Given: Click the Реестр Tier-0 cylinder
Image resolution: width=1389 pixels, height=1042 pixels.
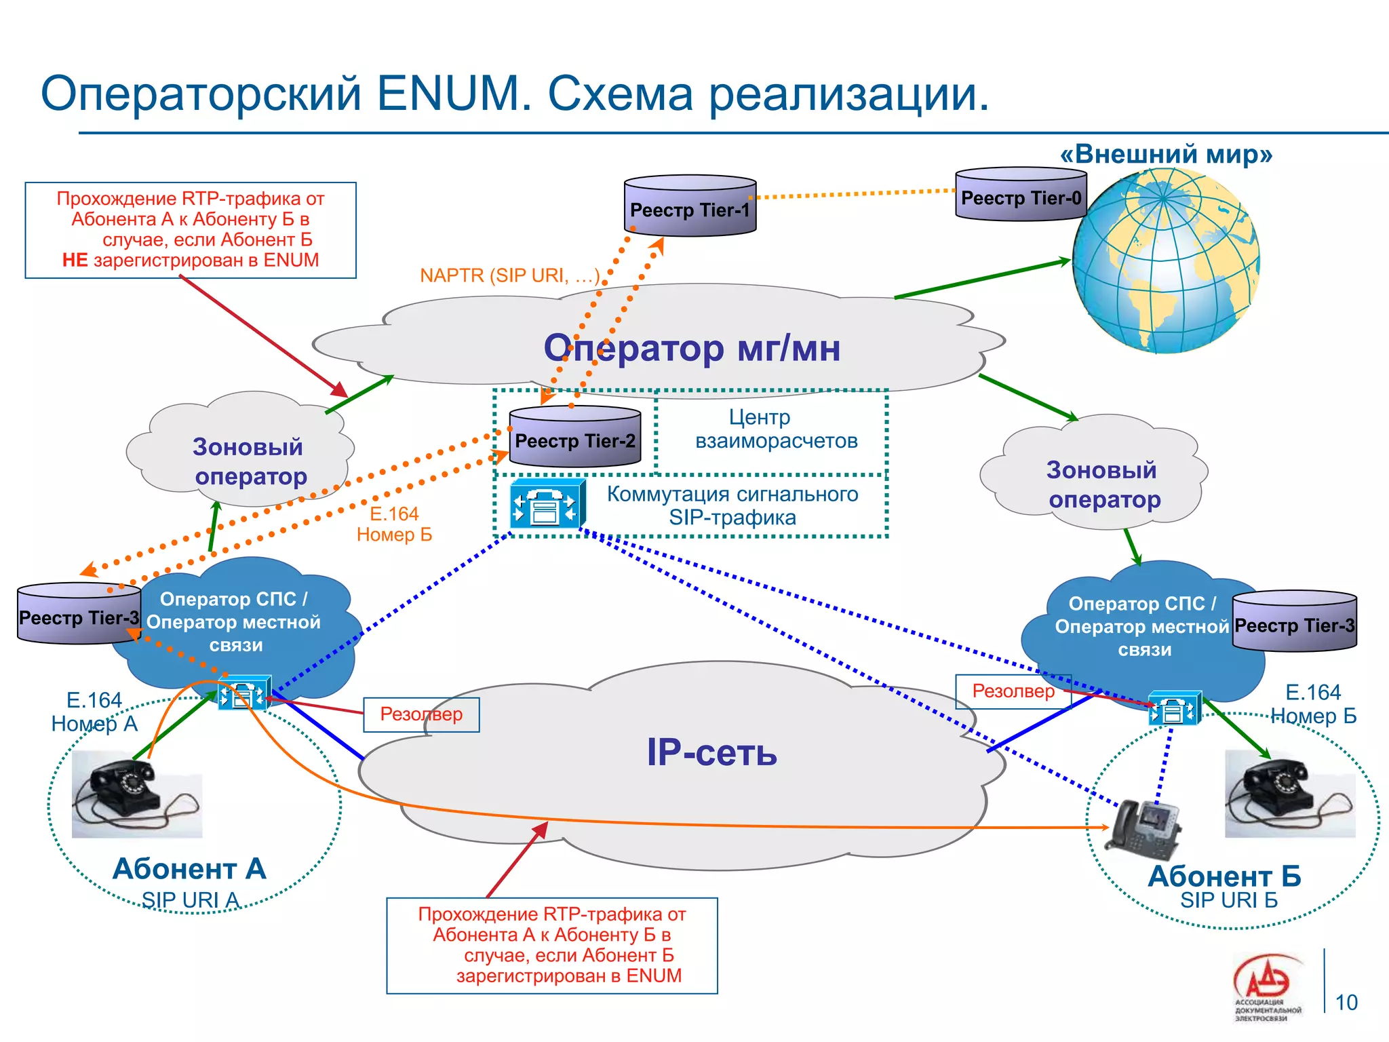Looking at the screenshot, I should [x=1021, y=195].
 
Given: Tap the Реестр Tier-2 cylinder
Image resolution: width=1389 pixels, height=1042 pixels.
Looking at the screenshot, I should [x=574, y=438].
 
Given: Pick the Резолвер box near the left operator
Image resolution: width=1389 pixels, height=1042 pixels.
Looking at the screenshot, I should [x=421, y=714].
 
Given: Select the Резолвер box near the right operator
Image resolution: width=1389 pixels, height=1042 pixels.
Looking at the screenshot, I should [x=1013, y=691].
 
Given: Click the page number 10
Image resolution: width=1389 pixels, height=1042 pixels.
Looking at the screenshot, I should [x=1346, y=1002].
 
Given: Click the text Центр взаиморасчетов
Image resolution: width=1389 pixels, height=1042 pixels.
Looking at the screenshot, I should [x=775, y=429].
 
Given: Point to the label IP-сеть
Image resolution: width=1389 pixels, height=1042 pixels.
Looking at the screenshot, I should [x=711, y=752].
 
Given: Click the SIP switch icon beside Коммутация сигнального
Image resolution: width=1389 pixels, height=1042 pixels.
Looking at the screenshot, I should [x=547, y=503].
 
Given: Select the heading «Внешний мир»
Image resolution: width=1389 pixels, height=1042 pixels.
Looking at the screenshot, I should [x=1166, y=154].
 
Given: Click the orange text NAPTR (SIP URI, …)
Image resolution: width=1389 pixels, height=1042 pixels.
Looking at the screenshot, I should [x=509, y=275].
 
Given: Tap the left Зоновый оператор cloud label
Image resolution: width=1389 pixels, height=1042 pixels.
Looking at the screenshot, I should [x=249, y=461].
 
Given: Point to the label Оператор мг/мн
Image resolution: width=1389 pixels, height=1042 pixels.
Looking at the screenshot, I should [x=692, y=348].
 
